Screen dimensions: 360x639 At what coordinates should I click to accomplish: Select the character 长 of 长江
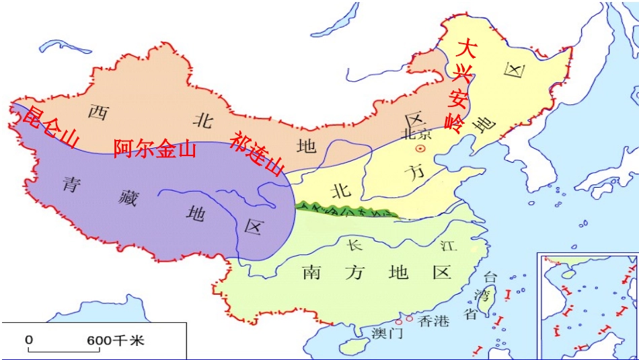tap(354, 245)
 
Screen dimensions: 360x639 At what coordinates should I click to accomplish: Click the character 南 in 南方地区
tap(312, 273)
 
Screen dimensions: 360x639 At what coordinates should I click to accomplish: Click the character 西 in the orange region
tap(98, 112)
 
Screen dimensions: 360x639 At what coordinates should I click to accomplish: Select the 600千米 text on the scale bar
tap(115, 340)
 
